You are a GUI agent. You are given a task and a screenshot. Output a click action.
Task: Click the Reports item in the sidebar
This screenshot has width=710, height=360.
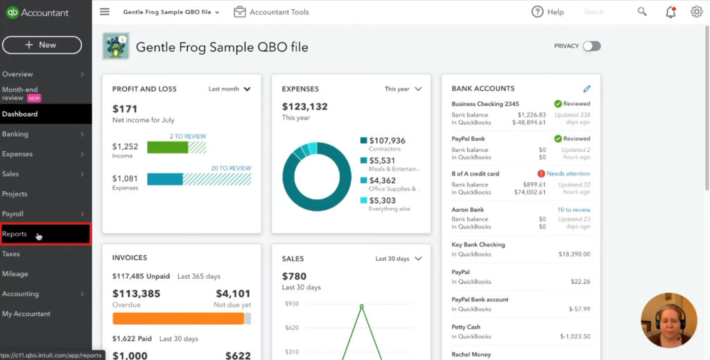pos(15,234)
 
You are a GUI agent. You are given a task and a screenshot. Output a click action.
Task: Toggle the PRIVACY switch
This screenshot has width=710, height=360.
pos(591,46)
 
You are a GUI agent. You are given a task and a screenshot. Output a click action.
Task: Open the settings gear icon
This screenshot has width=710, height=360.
pos(696,12)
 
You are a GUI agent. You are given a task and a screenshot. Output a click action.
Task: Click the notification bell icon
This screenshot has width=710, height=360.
pos(670,12)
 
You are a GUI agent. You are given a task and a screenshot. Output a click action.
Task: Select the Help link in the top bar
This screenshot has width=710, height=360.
pos(547,12)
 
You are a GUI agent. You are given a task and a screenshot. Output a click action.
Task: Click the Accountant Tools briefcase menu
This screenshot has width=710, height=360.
pos(271,12)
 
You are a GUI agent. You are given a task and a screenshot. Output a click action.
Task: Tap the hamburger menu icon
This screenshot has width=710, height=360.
pos(105,12)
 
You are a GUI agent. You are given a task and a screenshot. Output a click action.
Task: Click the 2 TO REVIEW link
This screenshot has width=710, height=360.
pos(187,137)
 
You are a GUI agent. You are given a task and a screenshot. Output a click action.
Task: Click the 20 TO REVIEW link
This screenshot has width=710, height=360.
pos(230,169)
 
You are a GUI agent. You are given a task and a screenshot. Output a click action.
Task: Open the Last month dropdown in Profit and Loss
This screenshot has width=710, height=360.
pos(230,89)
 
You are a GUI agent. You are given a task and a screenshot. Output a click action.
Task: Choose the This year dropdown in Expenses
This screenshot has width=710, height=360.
pos(403,89)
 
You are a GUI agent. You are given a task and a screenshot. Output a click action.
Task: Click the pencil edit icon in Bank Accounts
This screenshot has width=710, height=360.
pos(587,89)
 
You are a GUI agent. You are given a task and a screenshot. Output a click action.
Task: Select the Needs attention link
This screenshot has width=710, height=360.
pos(568,174)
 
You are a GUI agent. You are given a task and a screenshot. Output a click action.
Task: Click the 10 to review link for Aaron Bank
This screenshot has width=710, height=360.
pos(573,209)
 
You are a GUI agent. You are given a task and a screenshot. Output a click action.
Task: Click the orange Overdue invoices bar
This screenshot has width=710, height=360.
pos(178,318)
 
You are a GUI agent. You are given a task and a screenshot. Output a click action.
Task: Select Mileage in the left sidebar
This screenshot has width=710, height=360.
pos(15,274)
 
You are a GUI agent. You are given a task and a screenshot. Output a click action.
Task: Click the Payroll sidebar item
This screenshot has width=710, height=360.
pos(13,214)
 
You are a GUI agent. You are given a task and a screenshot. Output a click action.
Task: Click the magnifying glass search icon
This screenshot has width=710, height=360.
pos(642,12)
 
